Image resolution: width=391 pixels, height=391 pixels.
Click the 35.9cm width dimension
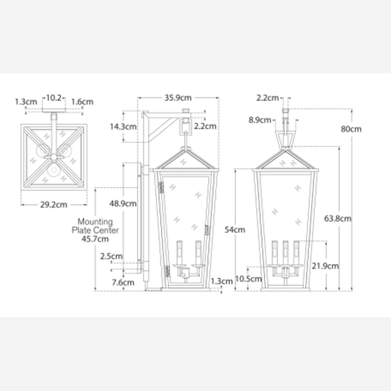(178, 98)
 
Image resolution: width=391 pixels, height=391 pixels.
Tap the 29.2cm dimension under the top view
(53, 205)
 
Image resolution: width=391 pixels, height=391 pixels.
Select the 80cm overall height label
(351, 129)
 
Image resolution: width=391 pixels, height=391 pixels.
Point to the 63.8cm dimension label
(338, 218)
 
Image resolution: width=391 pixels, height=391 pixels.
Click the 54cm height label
(235, 230)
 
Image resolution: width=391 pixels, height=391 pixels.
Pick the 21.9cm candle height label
(325, 266)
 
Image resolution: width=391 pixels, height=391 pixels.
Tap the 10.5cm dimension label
(248, 279)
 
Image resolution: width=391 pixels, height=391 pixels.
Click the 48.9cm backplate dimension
(123, 203)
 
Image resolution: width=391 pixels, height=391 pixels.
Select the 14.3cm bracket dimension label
(123, 127)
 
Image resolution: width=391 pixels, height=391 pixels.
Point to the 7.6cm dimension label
(123, 282)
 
